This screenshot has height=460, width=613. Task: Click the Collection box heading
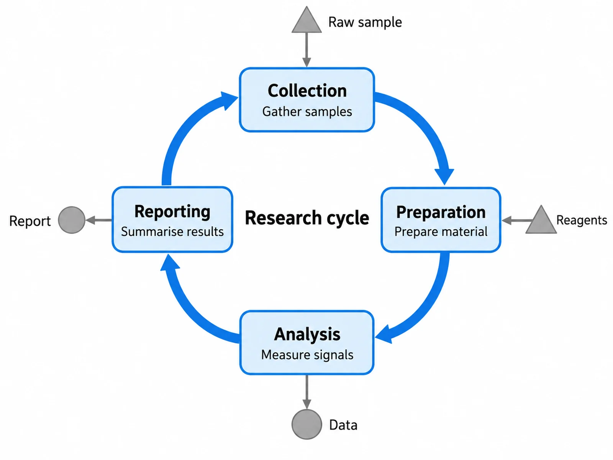click(307, 91)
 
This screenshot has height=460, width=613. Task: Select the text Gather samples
click(307, 112)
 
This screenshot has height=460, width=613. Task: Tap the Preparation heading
click(441, 212)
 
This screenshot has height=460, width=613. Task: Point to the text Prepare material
click(441, 232)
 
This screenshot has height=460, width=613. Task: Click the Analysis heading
click(307, 334)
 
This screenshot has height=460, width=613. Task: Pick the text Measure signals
click(307, 355)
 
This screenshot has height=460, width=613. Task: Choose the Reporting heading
click(172, 212)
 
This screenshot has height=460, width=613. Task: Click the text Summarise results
click(172, 232)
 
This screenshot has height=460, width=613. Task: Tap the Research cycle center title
click(307, 218)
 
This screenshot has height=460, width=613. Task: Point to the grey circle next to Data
click(306, 424)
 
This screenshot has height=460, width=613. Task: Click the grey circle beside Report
click(72, 220)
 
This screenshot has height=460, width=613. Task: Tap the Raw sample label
click(365, 22)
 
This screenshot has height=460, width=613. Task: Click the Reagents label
click(582, 220)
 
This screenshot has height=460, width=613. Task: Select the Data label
click(343, 425)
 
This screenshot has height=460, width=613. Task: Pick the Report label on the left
click(30, 221)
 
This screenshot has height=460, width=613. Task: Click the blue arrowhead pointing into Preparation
click(444, 176)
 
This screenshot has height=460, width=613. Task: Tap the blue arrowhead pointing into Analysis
click(384, 335)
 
